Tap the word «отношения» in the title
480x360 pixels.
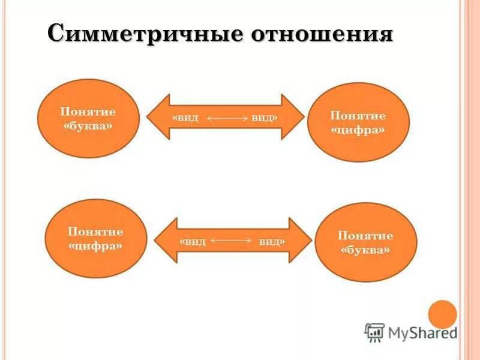322,33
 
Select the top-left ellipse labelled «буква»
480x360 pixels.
88,119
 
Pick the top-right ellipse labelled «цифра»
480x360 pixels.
358,122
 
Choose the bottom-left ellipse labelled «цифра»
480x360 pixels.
96,238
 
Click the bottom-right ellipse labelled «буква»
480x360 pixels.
365,242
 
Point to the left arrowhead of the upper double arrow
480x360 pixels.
157,117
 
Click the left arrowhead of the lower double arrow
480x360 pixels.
165,240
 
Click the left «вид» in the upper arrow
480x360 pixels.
185,118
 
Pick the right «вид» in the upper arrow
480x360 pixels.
264,118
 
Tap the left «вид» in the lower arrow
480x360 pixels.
193,241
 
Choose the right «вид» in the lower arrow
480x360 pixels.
272,241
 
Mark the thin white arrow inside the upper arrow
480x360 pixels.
227,119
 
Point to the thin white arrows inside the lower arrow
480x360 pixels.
232,241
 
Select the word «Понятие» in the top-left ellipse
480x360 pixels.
88,112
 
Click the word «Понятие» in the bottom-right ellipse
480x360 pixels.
365,235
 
